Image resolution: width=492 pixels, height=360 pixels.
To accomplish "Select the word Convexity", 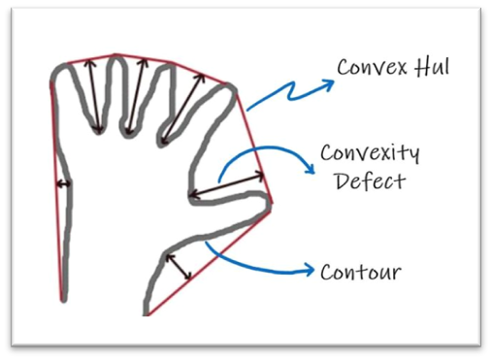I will [370, 154].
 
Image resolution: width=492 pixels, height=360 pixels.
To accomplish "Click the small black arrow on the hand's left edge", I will [62, 183].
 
